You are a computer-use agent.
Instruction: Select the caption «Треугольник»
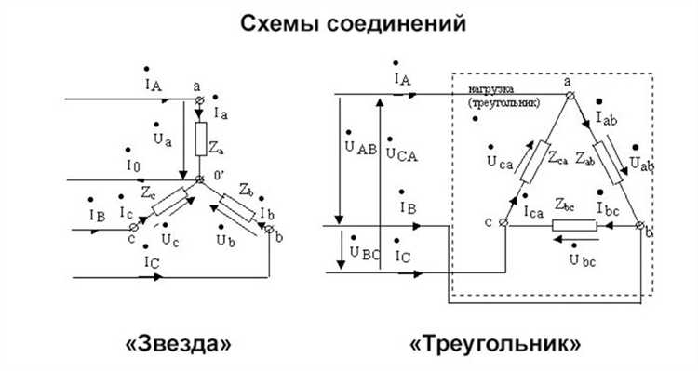(x=495, y=344)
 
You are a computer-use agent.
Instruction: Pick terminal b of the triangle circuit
(x=639, y=224)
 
